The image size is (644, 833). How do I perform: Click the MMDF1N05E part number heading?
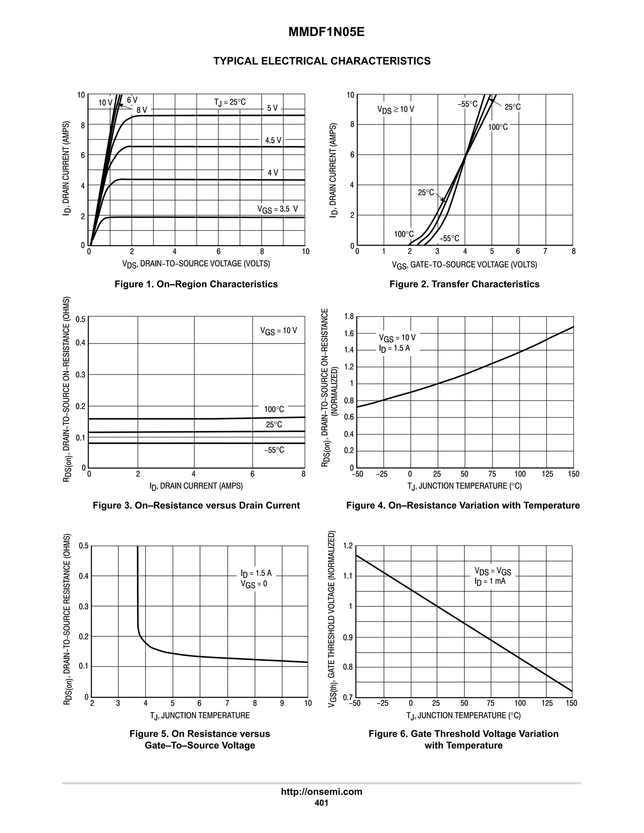click(326, 32)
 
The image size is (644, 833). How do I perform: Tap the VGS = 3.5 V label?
click(277, 209)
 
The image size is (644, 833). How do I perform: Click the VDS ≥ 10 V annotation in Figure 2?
click(396, 109)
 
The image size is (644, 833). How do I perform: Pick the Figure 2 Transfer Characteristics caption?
click(464, 284)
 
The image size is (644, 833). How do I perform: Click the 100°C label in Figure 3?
click(274, 409)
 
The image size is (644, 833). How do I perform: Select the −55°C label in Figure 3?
click(274, 450)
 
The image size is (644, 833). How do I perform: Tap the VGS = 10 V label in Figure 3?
click(279, 331)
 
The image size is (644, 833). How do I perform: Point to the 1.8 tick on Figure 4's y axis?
click(349, 316)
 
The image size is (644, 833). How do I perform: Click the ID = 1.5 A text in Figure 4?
click(395, 348)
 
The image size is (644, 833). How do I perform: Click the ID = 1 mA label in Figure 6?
click(490, 581)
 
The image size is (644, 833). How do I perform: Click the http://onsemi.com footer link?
click(322, 792)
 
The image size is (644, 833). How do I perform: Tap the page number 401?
click(322, 803)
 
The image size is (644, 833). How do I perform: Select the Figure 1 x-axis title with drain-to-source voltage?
click(196, 264)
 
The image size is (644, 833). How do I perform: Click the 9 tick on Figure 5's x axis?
click(282, 703)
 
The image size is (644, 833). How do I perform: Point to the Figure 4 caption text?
click(463, 505)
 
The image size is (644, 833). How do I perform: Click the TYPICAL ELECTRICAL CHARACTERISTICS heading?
click(322, 61)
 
